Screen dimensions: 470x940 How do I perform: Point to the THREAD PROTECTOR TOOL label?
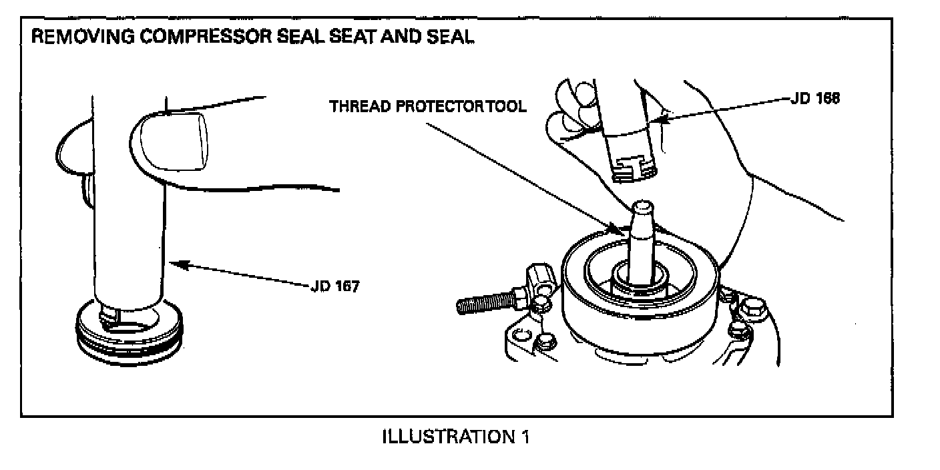coord(427,106)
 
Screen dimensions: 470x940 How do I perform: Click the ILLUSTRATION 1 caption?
coord(456,437)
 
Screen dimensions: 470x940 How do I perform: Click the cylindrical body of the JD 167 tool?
coord(128,227)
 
